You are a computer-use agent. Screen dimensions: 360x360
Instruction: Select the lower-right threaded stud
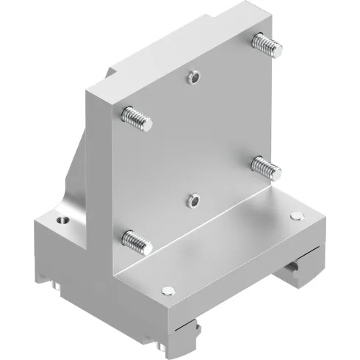click(x=267, y=168)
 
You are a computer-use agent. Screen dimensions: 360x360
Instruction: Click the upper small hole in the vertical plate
click(x=193, y=76)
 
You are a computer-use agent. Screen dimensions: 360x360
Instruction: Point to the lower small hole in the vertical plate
click(x=193, y=199)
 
